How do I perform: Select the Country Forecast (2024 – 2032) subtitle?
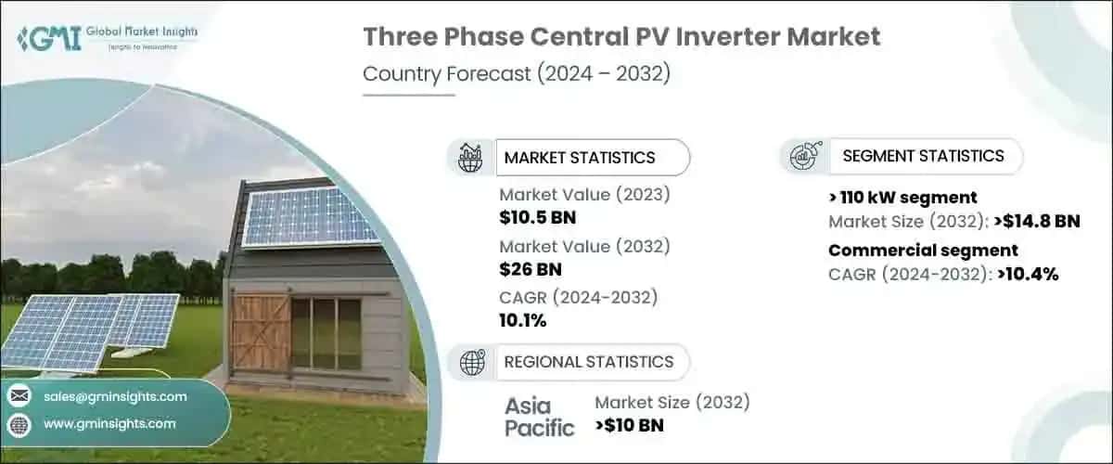(517, 74)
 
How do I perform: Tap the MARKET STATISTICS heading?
(579, 158)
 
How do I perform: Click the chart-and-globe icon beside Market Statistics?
(471, 158)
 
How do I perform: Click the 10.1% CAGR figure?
(523, 321)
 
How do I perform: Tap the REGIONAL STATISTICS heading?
(588, 361)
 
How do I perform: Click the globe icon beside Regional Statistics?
(471, 361)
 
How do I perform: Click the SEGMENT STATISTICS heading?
(922, 156)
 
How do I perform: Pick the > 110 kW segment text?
(902, 197)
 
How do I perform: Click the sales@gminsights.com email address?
(115, 396)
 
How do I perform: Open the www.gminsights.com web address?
(109, 424)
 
